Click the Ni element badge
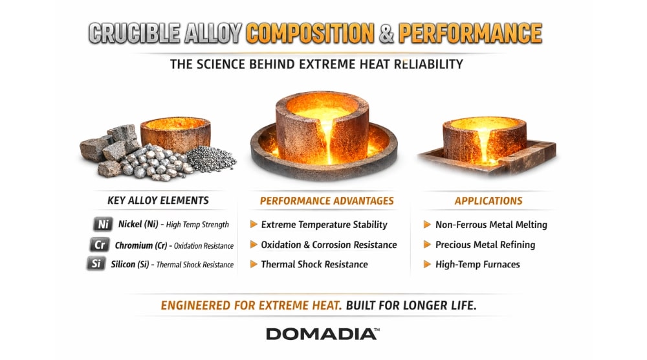click(103, 224)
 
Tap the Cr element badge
click(100, 244)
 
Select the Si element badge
click(96, 264)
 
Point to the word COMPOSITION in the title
click(311, 33)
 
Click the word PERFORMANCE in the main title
click(470, 33)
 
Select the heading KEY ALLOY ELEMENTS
click(158, 201)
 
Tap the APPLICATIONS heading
click(488, 201)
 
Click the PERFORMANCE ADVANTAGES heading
click(327, 201)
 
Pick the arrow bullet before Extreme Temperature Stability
click(254, 224)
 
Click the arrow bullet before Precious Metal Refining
click(427, 244)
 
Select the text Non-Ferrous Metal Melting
click(491, 225)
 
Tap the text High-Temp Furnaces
click(477, 265)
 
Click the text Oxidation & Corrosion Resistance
click(329, 245)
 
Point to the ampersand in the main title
click(386, 34)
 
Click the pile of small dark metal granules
click(210, 159)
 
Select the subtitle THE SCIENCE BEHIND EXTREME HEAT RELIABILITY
click(316, 64)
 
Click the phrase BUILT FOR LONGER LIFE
click(411, 306)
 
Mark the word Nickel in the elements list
click(129, 224)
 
